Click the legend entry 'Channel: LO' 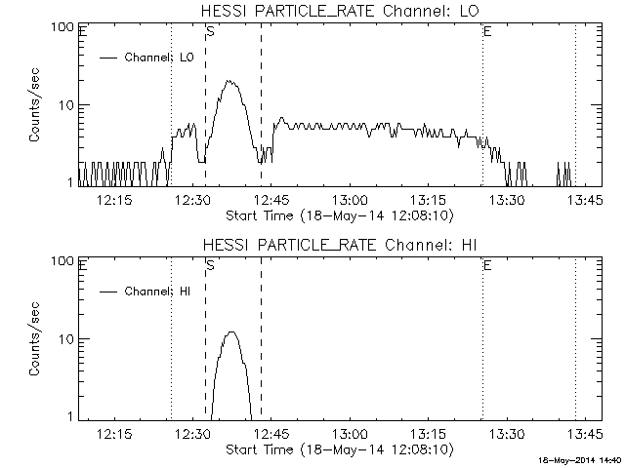tap(159, 58)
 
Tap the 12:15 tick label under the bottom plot tap(114, 434)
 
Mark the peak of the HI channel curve tap(231, 332)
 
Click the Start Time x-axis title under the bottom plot tap(338, 449)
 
